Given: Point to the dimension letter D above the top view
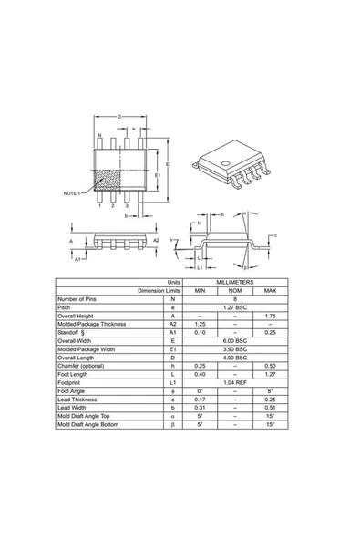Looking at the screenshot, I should (x=119, y=117).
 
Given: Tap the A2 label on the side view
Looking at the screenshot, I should (x=157, y=240).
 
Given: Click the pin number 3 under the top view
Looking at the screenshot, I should (x=126, y=206).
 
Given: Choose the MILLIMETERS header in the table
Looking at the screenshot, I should (x=235, y=283).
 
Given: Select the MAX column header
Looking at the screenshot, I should (x=270, y=291).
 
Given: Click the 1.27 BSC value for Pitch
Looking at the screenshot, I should (x=235, y=307).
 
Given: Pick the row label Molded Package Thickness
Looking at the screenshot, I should (x=91, y=324).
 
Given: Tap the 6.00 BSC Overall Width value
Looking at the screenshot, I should (x=235, y=340).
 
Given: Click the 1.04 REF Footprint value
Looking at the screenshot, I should (x=235, y=383).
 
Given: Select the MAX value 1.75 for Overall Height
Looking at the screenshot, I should (x=270, y=316).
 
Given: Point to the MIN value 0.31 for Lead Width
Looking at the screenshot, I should (x=201, y=408).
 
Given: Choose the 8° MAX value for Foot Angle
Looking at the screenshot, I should (x=270, y=391).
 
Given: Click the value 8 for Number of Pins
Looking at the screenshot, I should (x=235, y=299).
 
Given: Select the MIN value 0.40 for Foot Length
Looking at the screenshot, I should (x=201, y=374).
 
